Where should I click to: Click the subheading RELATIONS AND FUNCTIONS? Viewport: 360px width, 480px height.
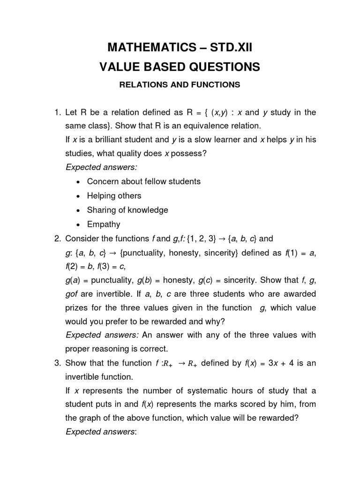(x=180, y=85)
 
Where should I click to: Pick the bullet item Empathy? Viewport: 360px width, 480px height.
(x=104, y=224)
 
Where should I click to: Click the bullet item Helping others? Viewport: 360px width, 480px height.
(x=114, y=196)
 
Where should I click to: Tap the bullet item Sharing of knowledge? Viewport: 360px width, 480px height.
(x=127, y=210)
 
